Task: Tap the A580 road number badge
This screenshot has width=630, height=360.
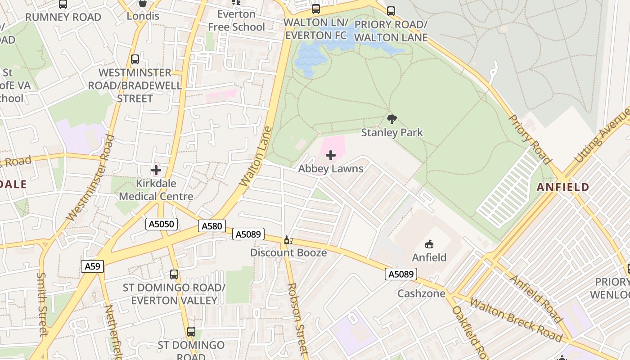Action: click(x=211, y=226)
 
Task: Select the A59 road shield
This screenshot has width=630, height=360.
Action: click(x=92, y=266)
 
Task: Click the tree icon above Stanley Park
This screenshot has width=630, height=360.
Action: click(x=392, y=119)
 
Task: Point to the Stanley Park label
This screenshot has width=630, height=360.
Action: click(x=392, y=132)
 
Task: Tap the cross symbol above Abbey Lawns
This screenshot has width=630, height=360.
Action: click(x=331, y=156)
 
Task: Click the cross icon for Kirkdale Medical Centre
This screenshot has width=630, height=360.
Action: click(x=156, y=170)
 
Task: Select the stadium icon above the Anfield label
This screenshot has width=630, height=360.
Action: click(x=429, y=244)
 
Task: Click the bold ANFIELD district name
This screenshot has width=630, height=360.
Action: click(x=563, y=187)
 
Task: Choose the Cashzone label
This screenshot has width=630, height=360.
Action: click(x=421, y=293)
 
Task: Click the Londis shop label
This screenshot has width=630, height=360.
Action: click(x=143, y=16)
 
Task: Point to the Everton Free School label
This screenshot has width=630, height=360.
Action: click(x=236, y=21)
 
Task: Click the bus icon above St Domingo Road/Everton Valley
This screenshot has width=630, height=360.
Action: click(x=174, y=274)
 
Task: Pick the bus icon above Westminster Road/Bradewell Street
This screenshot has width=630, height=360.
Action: click(x=135, y=59)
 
